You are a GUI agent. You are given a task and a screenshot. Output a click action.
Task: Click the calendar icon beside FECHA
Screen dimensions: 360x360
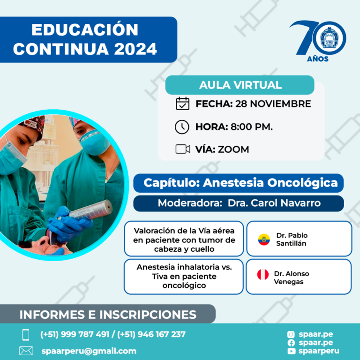(x=182, y=104)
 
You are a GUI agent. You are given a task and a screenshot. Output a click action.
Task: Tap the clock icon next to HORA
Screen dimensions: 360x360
(x=182, y=127)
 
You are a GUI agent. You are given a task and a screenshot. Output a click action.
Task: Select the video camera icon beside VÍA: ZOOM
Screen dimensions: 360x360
(x=183, y=149)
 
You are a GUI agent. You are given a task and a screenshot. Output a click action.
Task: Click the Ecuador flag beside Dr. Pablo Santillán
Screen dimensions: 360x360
(x=264, y=240)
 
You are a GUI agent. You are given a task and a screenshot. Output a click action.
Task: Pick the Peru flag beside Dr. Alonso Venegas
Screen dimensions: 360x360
(x=263, y=274)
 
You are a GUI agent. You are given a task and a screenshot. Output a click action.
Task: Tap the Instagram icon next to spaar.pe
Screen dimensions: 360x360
(x=291, y=334)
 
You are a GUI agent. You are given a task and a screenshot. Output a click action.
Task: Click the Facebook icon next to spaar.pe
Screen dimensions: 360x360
(x=291, y=343)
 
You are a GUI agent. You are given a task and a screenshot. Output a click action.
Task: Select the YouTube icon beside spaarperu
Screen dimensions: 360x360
(x=292, y=351)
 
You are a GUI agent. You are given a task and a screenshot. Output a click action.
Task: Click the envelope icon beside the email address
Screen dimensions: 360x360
(x=26, y=351)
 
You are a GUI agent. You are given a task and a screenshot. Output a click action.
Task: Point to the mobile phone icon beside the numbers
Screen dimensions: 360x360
(x=26, y=335)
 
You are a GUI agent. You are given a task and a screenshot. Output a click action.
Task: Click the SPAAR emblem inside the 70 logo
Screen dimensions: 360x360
(x=329, y=38)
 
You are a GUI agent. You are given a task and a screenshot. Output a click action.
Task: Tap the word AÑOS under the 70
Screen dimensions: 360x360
(x=317, y=59)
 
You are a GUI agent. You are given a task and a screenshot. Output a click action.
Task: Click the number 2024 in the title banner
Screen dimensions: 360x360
(x=135, y=49)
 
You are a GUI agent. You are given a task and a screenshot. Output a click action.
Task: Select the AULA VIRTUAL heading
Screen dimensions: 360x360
(x=240, y=85)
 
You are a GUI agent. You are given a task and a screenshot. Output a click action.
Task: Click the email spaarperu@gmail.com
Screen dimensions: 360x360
(x=89, y=351)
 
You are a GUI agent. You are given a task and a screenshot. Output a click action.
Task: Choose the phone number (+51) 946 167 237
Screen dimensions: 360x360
(x=151, y=334)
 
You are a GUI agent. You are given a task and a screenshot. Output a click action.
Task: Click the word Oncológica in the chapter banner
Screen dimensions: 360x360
(x=302, y=183)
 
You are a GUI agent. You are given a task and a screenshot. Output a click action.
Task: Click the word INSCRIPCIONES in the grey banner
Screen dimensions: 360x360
(x=148, y=315)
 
